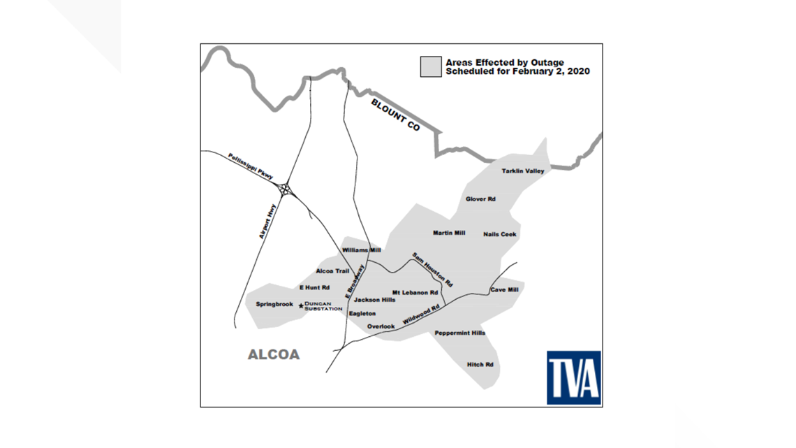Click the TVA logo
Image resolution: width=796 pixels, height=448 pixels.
[x=573, y=377]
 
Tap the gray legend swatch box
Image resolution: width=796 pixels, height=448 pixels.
[x=430, y=67]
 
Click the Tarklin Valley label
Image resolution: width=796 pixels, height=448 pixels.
[x=522, y=171]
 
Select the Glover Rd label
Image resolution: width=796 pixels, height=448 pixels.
[x=480, y=199]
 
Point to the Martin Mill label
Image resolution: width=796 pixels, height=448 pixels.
[x=449, y=233]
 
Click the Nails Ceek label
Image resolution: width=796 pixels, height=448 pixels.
[x=500, y=234]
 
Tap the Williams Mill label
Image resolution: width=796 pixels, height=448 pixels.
[x=362, y=250]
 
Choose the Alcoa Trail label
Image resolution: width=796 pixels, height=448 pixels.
[x=332, y=271]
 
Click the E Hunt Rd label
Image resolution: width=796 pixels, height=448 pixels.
[x=314, y=288]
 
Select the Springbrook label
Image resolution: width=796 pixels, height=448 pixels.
[x=274, y=305]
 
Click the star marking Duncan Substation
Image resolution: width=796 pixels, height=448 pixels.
[x=301, y=305]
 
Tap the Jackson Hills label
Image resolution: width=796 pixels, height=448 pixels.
[x=374, y=300]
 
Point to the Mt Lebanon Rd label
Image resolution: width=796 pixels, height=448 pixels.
[x=415, y=293]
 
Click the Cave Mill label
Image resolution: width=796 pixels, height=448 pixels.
[x=504, y=289]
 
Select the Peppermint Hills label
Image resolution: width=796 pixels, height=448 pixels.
[x=459, y=333]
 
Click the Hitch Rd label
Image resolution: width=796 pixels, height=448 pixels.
[x=480, y=365]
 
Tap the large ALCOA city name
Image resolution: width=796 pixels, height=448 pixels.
[x=274, y=355]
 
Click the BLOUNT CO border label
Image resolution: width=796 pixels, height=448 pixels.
[x=395, y=116]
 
